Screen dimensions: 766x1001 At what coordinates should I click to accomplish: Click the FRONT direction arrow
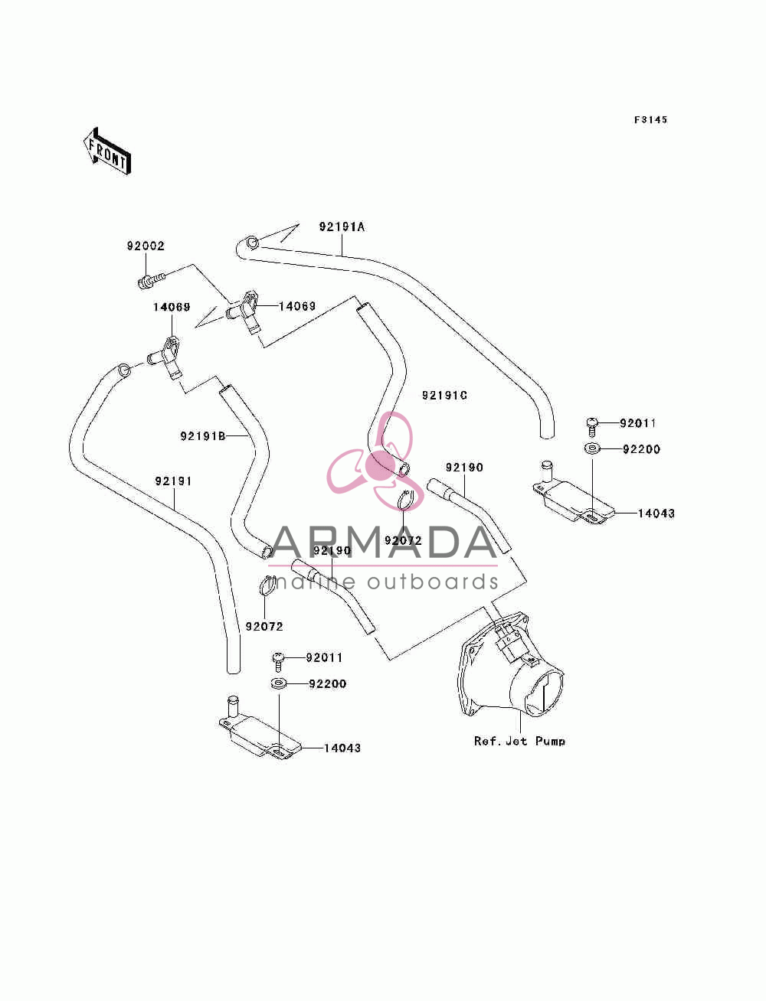point(107,151)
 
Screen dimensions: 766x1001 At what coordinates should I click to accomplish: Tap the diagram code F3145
point(650,120)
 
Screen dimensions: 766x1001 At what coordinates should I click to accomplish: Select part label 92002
point(146,246)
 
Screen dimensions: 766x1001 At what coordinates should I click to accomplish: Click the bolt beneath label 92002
point(150,280)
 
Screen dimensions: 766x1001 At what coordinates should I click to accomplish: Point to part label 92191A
point(342,227)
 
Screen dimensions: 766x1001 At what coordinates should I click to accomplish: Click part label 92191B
point(203,436)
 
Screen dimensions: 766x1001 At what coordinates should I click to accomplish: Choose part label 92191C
point(444,396)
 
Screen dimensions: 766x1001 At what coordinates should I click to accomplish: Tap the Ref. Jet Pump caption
point(519,741)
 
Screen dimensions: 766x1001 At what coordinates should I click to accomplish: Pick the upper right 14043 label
point(656,514)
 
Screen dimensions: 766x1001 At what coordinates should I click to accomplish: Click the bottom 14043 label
point(342,748)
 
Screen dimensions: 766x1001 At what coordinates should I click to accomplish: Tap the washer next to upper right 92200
point(592,448)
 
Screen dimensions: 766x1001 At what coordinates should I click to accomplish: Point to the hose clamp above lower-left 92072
point(267,585)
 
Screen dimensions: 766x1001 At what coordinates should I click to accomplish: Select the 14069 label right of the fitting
point(297,306)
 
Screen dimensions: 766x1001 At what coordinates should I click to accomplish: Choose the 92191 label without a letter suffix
point(173,481)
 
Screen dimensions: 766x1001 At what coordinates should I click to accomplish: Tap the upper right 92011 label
point(638,423)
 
